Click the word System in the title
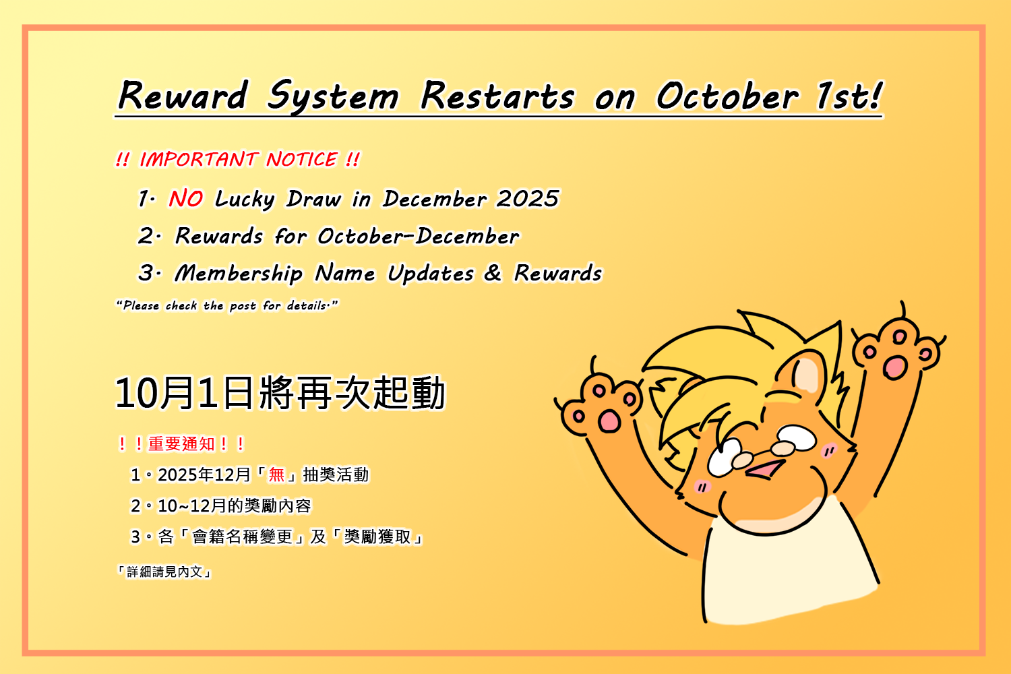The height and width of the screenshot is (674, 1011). point(333,96)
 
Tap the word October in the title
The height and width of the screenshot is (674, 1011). point(727,96)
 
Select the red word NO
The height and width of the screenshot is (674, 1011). point(185,198)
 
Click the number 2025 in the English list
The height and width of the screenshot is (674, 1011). point(527,199)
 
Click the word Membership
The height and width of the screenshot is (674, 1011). point(239,274)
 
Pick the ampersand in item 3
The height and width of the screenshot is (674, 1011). point(493,273)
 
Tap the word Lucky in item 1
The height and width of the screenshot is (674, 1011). point(245,199)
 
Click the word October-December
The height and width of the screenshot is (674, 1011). point(418,236)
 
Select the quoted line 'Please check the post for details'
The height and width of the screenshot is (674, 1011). point(226,305)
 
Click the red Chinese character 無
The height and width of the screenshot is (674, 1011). point(276,475)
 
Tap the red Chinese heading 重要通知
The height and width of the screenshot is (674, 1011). point(181,443)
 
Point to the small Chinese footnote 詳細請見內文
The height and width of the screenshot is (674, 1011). point(164,572)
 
